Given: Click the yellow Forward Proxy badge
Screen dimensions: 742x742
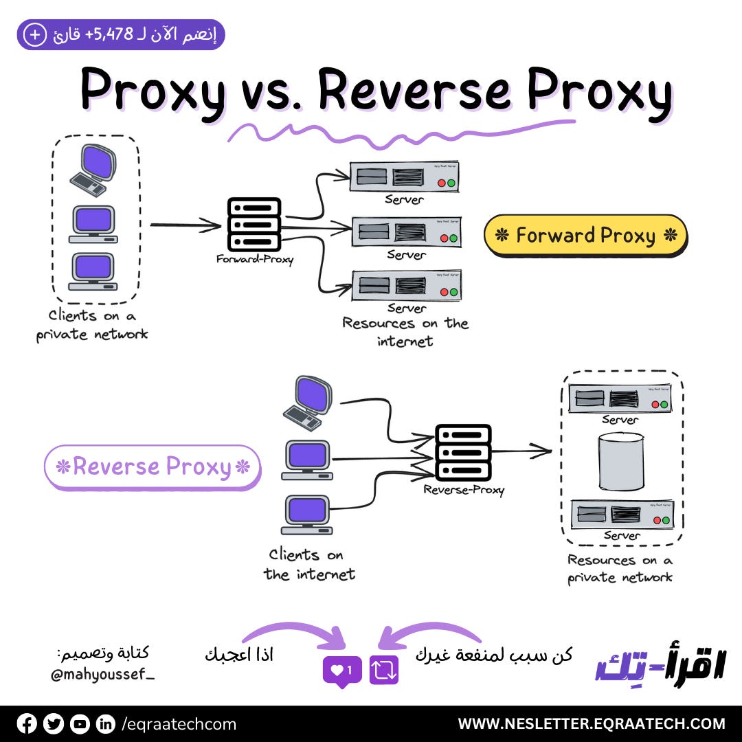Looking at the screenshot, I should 585,236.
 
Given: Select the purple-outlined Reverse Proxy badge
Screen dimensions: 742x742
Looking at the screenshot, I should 153,467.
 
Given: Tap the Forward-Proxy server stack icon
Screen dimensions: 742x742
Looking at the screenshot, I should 254,224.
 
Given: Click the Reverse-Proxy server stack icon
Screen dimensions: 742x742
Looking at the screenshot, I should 464,452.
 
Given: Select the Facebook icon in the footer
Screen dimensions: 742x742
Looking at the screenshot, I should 27,723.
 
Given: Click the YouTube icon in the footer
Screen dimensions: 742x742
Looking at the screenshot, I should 80,723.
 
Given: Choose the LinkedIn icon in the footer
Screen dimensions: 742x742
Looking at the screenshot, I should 105,723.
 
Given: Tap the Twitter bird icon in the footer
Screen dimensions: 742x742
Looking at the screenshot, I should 53,723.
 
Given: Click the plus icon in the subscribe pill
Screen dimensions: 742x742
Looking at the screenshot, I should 33,35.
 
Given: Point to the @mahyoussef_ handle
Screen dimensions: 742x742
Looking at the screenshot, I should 103,675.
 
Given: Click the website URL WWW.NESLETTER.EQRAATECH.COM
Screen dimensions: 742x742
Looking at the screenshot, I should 591,723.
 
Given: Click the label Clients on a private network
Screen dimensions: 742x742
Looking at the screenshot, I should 92,325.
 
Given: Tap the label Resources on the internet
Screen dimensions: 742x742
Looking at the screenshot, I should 405,332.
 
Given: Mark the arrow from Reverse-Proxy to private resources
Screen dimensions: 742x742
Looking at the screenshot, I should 522,451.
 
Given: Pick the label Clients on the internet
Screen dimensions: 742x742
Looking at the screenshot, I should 309,564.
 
